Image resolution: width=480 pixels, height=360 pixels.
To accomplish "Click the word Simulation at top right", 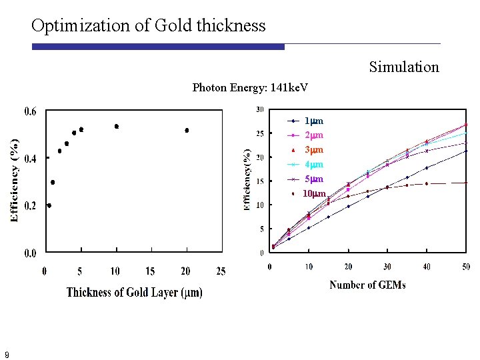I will click(x=404, y=67).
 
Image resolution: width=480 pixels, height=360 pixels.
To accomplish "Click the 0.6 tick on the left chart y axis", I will click(x=31, y=111).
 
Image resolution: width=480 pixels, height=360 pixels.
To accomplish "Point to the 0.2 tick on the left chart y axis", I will click(x=31, y=206).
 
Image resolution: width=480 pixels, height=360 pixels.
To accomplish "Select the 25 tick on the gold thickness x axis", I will click(x=221, y=271).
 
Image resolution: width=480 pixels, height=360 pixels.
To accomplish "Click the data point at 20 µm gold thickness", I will click(x=187, y=130).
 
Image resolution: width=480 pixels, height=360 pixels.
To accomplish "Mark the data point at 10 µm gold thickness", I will click(x=116, y=126).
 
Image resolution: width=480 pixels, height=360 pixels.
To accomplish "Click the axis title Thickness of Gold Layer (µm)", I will click(x=134, y=292).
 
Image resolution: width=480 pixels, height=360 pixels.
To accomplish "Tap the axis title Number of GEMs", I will click(x=367, y=285).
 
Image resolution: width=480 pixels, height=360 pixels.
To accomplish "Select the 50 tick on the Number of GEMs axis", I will click(x=465, y=267).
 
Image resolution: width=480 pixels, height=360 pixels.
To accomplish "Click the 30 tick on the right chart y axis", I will click(x=260, y=109).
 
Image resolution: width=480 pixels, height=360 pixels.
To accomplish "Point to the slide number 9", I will click(x=7, y=355).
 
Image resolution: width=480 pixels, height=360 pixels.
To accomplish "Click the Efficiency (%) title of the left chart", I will click(x=14, y=180).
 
